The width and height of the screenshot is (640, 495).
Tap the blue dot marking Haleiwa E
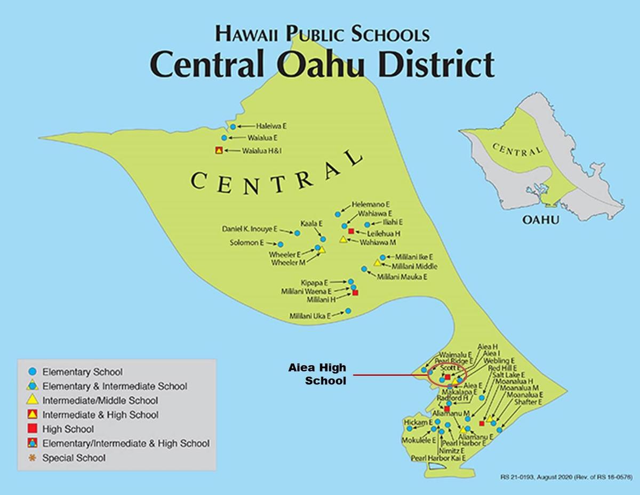[233, 127]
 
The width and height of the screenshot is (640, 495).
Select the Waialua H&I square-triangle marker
[218, 151]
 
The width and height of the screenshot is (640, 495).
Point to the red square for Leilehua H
[351, 231]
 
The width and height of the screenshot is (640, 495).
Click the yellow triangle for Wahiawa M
[343, 240]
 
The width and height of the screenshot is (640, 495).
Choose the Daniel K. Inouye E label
[250, 229]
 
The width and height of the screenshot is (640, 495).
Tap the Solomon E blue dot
[279, 245]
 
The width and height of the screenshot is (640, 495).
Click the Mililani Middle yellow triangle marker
[378, 263]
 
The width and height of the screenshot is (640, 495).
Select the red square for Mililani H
[355, 293]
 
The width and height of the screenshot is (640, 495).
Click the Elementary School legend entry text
[82, 372]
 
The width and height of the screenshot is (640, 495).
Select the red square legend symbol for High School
[32, 429]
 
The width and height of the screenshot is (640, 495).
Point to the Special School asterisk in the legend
[31, 458]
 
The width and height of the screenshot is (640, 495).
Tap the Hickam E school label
[418, 422]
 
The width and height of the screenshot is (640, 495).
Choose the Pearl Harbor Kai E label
[438, 458]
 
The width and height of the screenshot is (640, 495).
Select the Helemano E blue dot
[338, 214]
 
